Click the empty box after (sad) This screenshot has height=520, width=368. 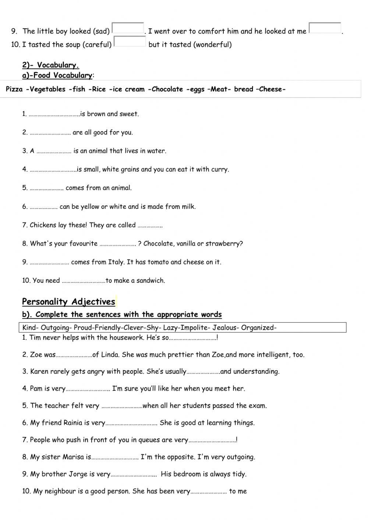tap(128, 28)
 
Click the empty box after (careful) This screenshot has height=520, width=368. tap(130, 42)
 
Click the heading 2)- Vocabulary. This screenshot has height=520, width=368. tap(50, 65)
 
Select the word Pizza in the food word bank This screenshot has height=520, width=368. tap(14, 89)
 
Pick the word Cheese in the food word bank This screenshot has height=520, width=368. tap(271, 89)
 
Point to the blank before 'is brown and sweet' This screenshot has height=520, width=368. tap(54, 114)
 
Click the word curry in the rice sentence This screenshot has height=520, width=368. tap(220, 170)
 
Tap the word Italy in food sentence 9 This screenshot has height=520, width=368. tap(116, 262)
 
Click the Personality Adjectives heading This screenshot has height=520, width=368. tap(68, 302)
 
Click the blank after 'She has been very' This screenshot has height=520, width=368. tap(209, 492)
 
